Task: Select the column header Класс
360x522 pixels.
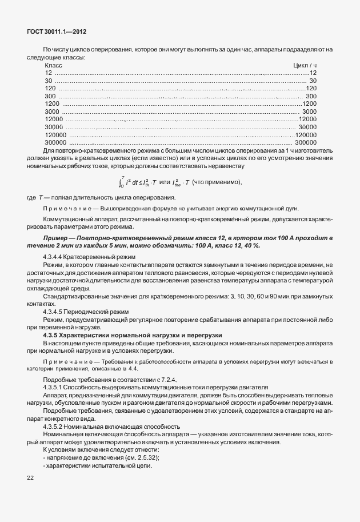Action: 53,66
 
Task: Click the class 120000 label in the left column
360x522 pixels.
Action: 56,134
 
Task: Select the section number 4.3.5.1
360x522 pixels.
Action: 55,387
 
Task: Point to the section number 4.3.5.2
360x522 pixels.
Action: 55,427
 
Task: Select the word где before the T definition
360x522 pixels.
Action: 31,197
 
